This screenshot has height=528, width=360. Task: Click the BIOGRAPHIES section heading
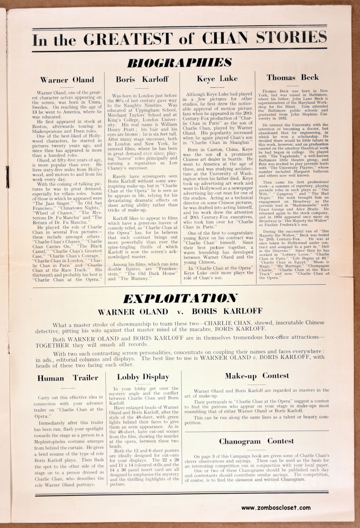coord(180,62)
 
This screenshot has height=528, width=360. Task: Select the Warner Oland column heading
coord(67,80)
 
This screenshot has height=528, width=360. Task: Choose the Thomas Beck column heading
coord(292,77)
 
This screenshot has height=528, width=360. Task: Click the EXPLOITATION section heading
coord(180,298)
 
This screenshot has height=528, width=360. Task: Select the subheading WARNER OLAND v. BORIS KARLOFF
coord(180,311)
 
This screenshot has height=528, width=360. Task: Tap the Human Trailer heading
coord(67,378)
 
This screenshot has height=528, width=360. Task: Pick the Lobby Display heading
coord(143,377)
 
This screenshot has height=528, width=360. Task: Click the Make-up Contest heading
coord(257,376)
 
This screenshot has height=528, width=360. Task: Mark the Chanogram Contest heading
coord(256,441)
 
